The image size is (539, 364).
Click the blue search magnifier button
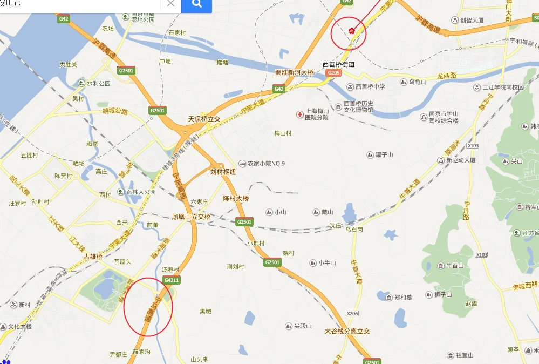pyautogui.click(x=196, y=5)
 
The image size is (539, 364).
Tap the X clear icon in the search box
pyautogui.click(x=170, y=4)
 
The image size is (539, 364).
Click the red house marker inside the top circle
pyautogui.click(x=351, y=30)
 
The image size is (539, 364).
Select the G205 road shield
pyautogui.click(x=334, y=73)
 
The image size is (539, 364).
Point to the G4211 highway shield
pyautogui.click(x=172, y=280)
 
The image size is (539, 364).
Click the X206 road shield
pyautogui.click(x=352, y=313)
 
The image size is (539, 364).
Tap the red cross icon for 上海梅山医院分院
pyautogui.click(x=300, y=114)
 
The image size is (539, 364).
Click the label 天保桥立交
pyautogui.click(x=204, y=119)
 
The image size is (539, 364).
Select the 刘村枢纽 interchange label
pyautogui.click(x=223, y=172)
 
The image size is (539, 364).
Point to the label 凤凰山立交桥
pyautogui.click(x=191, y=217)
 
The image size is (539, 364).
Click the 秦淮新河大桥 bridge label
pyautogui.click(x=294, y=72)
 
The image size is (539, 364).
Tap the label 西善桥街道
pyautogui.click(x=339, y=64)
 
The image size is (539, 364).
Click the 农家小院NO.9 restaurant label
pyautogui.click(x=262, y=164)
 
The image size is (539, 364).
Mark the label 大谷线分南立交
pyautogui.click(x=346, y=331)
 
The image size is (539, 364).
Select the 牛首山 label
pyautogui.click(x=455, y=265)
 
